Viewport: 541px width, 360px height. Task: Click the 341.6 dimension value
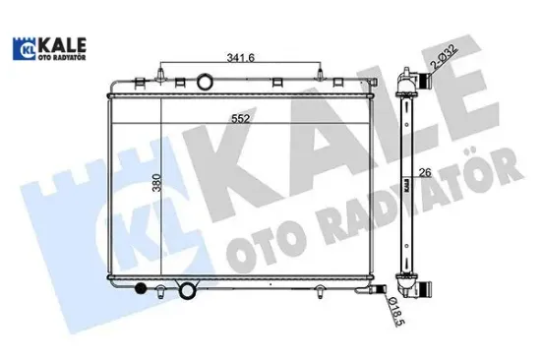(240, 58)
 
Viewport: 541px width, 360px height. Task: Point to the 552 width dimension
(240, 119)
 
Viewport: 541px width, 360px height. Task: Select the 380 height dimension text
(156, 183)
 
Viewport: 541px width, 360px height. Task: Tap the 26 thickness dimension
(425, 172)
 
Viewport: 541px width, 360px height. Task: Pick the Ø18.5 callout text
(395, 312)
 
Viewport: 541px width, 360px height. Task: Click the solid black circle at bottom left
(141, 288)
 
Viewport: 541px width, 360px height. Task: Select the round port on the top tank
(205, 83)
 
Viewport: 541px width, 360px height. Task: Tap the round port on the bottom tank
(187, 290)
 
